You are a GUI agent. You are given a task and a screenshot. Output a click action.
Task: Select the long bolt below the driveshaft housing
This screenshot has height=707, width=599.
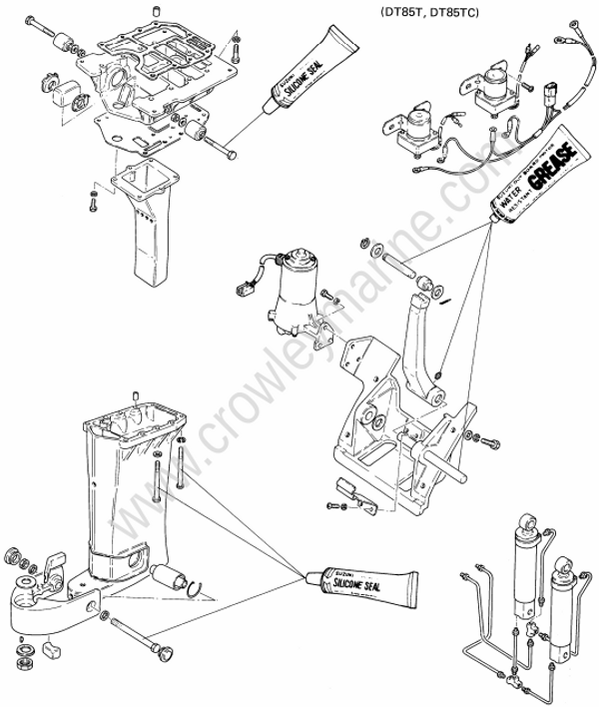point(140,635)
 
